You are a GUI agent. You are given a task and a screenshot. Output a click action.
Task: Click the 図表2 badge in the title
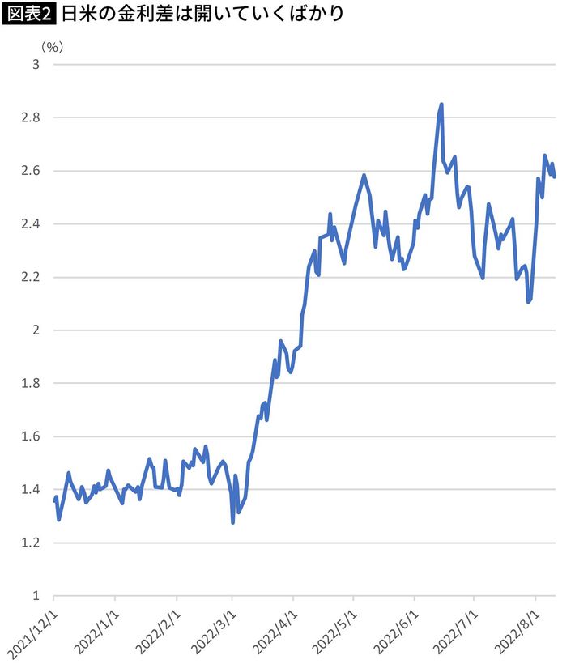(x=30, y=15)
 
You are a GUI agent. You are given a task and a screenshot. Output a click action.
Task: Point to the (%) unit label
(x=50, y=45)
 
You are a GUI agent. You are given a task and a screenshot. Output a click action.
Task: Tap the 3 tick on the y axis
(x=35, y=64)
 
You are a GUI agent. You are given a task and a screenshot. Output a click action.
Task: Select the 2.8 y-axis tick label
(x=30, y=117)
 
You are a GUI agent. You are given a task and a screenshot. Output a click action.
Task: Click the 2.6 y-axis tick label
(x=30, y=171)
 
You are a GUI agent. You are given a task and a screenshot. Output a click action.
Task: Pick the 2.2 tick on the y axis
(x=30, y=277)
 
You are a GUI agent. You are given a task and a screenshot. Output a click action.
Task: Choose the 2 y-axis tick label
(x=35, y=330)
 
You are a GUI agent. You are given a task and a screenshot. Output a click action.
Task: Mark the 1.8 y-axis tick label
(x=30, y=383)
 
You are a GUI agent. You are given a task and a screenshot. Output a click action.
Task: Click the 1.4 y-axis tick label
(x=30, y=490)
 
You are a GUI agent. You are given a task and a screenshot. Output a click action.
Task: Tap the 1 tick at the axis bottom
(x=35, y=596)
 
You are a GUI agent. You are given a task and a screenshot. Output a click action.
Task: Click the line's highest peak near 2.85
(x=441, y=104)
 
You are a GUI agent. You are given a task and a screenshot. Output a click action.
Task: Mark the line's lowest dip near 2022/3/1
(x=233, y=522)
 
